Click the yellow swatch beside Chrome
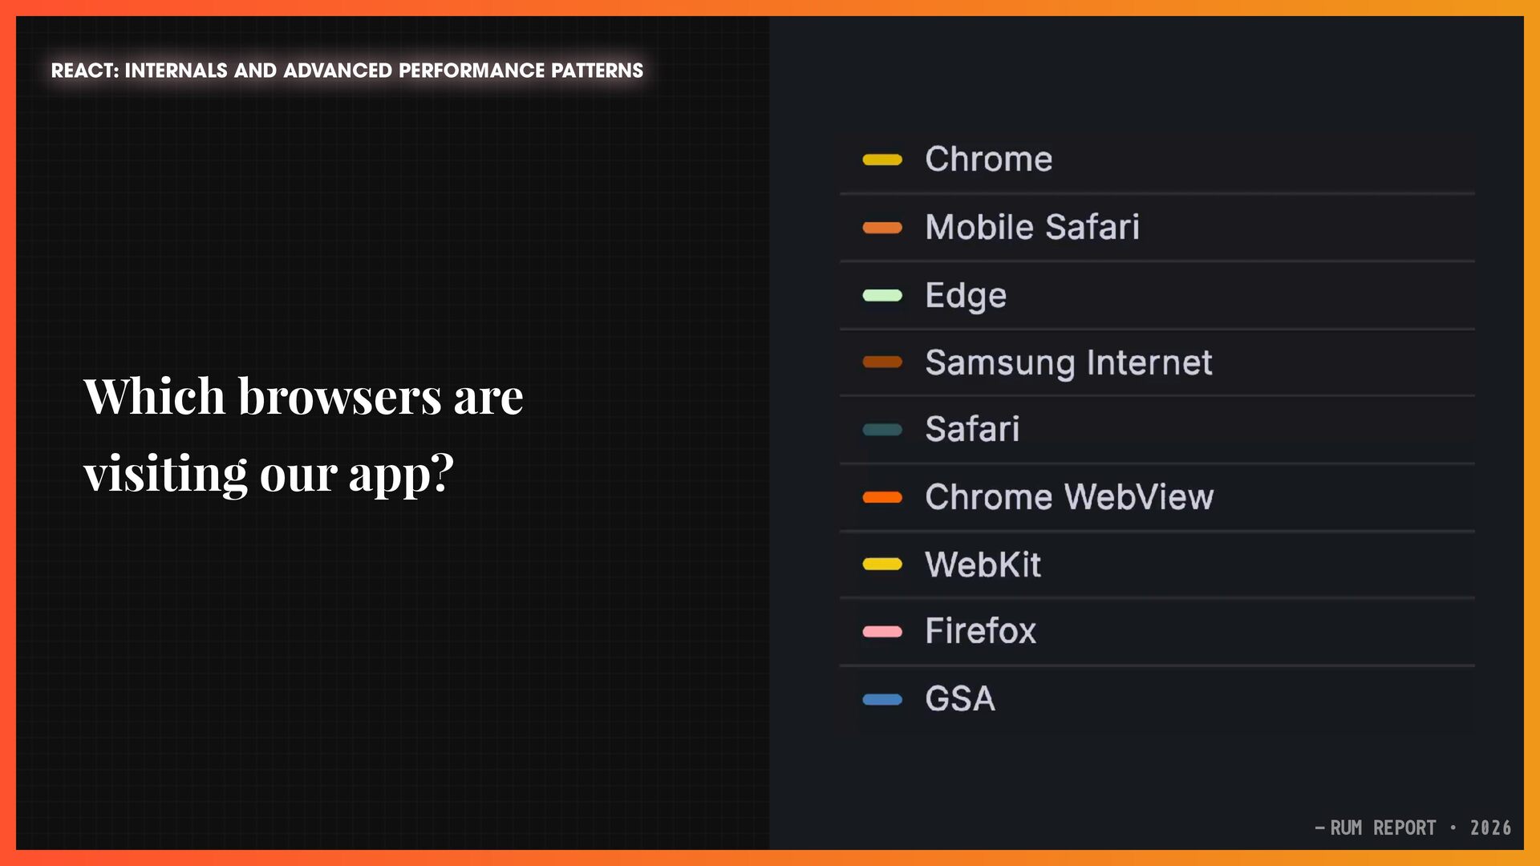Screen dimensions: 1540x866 pyautogui.click(x=882, y=160)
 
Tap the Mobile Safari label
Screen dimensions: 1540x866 pyautogui.click(x=1032, y=227)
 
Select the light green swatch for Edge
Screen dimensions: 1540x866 pyautogui.click(x=882, y=295)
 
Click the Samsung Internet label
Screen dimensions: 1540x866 pyautogui.click(x=1068, y=362)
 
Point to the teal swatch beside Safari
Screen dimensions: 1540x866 pyautogui.click(x=882, y=430)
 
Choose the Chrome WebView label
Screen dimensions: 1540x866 pyautogui.click(x=1069, y=497)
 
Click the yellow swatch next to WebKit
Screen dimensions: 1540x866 pyautogui.click(x=882, y=565)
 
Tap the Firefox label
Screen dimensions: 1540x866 pyautogui.click(x=980, y=631)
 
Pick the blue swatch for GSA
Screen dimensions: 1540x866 pyautogui.click(x=882, y=699)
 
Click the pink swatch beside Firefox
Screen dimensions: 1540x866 pyautogui.click(x=882, y=632)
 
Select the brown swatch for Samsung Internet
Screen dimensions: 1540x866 pyautogui.click(x=882, y=362)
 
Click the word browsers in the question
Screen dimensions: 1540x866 pyautogui.click(x=339, y=396)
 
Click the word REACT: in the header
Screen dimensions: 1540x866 pyautogui.click(x=85, y=71)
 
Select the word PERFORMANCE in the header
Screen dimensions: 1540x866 pyautogui.click(x=472, y=71)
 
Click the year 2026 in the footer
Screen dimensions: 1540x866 pyautogui.click(x=1490, y=828)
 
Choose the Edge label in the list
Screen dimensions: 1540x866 pyautogui.click(x=966, y=296)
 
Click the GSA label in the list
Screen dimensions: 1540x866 pyautogui.click(x=960, y=699)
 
